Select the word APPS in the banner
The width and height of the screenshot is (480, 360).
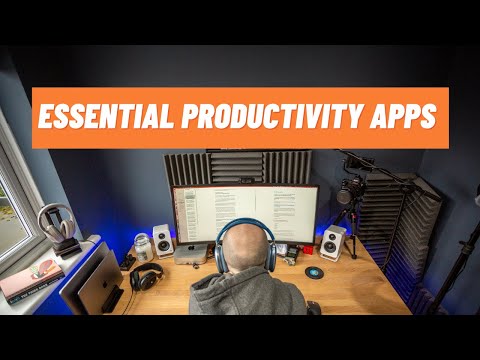tap(404, 117)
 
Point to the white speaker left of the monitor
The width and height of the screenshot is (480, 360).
tap(163, 241)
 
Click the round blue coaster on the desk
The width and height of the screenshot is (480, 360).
tap(315, 272)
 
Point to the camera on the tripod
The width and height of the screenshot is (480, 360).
tap(350, 190)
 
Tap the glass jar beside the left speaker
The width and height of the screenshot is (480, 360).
tap(143, 247)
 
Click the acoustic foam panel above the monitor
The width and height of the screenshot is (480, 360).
tap(240, 165)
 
